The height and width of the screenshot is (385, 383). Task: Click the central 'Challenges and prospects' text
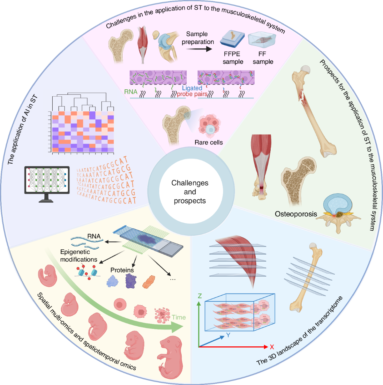(190, 192)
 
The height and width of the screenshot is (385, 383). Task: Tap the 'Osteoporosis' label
(296, 214)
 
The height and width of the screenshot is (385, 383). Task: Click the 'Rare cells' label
(208, 142)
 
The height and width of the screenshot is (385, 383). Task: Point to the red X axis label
(272, 347)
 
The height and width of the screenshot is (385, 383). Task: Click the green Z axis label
(199, 296)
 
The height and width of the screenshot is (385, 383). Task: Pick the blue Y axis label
(228, 335)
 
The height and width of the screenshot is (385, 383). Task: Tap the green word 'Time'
(178, 317)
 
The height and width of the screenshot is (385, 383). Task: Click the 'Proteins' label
(122, 270)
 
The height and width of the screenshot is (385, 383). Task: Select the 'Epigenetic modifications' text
(79, 255)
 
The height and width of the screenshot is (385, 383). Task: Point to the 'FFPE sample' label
(233, 58)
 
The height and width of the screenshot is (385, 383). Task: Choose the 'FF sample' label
(263, 58)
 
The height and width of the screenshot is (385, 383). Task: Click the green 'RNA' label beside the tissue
(131, 92)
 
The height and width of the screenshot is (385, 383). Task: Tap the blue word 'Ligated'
(192, 88)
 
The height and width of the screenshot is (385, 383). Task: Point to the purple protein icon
(131, 281)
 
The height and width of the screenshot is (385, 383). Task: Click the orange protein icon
(149, 282)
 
